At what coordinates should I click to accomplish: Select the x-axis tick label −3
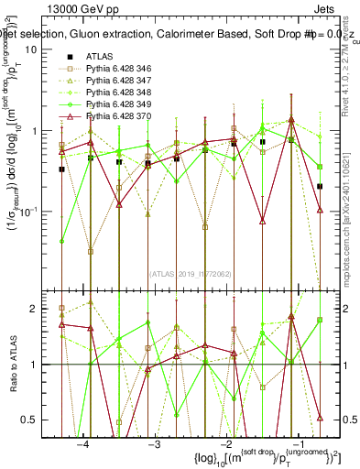tap(154, 444)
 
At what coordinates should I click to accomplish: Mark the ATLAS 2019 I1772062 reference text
tap(191, 272)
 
